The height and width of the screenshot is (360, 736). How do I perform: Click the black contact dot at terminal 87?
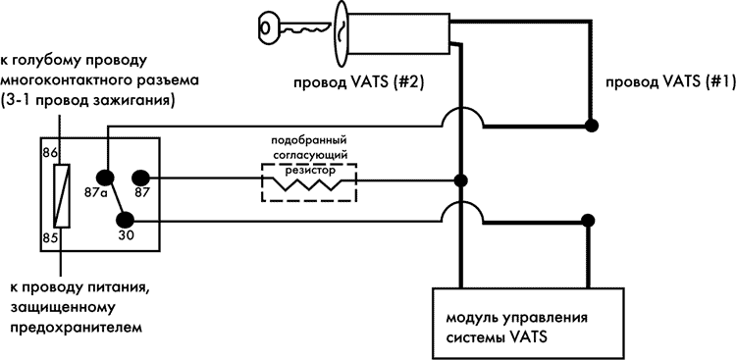pyautogui.click(x=140, y=179)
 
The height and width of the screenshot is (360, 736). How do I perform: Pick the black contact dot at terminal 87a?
pyautogui.click(x=106, y=180)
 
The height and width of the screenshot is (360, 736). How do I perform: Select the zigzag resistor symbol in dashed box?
pyautogui.click(x=309, y=182)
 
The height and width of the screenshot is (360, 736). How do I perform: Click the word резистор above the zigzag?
pyautogui.click(x=309, y=168)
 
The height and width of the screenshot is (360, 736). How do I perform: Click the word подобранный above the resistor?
pyautogui.click(x=309, y=140)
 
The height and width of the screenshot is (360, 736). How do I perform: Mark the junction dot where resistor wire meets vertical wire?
pyautogui.click(x=460, y=180)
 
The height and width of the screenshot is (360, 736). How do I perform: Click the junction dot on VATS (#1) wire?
pyautogui.click(x=591, y=125)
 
